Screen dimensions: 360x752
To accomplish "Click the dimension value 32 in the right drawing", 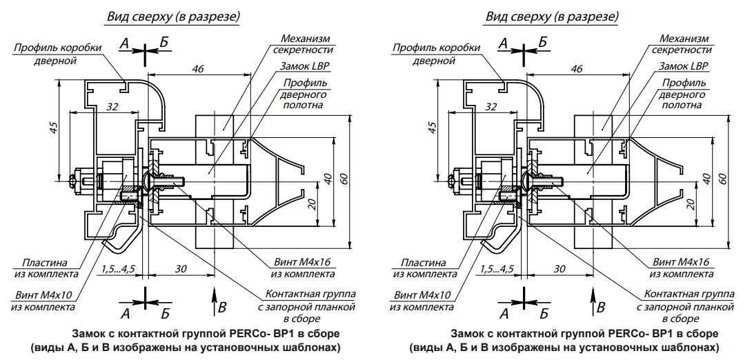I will [492, 106].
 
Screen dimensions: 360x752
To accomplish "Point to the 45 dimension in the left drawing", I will [55, 128].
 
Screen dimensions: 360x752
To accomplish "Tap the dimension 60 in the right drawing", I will [722, 177].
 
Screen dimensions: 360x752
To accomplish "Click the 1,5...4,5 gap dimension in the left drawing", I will [117, 268].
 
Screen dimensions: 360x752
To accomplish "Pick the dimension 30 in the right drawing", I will [560, 268].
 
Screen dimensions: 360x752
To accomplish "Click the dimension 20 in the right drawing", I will [690, 204].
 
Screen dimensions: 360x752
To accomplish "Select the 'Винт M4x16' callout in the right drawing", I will [678, 262].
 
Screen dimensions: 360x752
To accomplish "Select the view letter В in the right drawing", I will [601, 307].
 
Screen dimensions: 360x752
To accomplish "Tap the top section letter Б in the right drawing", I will [542, 43].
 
